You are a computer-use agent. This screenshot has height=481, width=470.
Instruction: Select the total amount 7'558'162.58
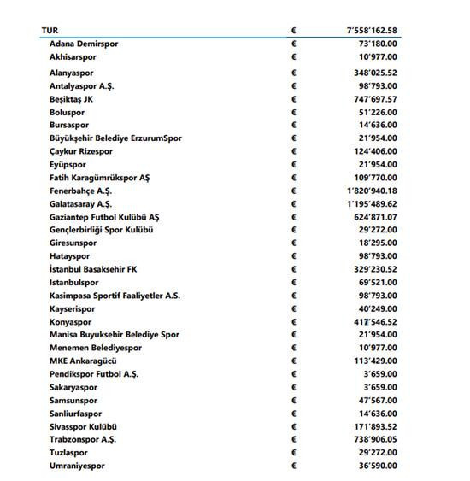tap(367, 30)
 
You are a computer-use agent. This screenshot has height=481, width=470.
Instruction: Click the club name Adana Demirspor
tap(84, 43)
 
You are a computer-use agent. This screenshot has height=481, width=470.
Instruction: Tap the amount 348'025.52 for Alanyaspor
tap(370, 73)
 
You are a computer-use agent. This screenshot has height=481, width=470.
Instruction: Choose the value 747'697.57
tap(370, 99)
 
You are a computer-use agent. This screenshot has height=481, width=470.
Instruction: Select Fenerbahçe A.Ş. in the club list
tap(80, 191)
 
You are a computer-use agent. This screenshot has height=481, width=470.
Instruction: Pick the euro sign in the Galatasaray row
tap(294, 204)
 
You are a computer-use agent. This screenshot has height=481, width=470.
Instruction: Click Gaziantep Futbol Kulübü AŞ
tap(104, 217)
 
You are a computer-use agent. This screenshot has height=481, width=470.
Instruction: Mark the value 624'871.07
tap(370, 217)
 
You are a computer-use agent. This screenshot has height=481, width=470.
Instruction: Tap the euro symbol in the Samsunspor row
tap(294, 400)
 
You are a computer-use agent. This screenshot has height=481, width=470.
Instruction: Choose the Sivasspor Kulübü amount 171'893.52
tap(370, 425)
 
